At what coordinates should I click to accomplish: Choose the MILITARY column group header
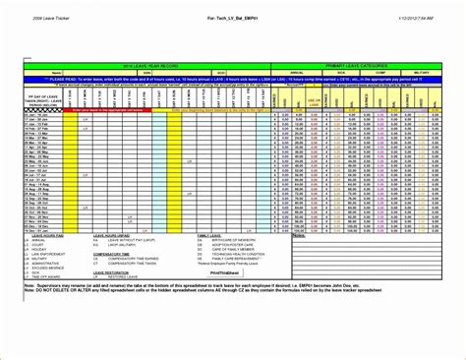(424, 71)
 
